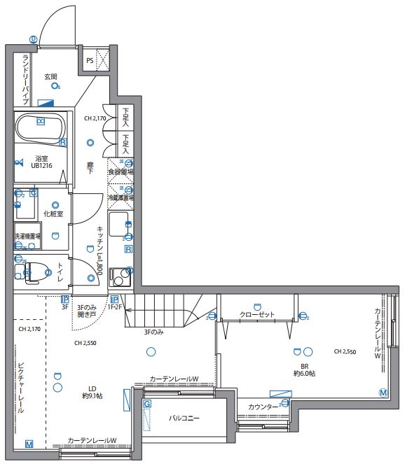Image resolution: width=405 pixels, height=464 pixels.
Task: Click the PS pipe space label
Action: pos(90,61)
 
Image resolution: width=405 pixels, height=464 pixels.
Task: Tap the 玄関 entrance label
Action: pos(51,76)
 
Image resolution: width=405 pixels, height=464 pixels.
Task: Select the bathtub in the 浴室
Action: pos(40,128)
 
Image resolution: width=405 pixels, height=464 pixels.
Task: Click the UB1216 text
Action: pos(42,166)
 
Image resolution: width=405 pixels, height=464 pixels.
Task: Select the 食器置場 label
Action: pos(121,170)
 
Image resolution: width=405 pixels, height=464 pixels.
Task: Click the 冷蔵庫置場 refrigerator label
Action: pos(121,198)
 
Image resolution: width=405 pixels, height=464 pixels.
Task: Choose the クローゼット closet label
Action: pos(257,315)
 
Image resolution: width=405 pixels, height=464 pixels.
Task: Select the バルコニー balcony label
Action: pos(184,419)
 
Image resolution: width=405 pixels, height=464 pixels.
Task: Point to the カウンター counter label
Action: pos(261,406)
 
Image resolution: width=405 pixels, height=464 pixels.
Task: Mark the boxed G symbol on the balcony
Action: pos(147,404)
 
